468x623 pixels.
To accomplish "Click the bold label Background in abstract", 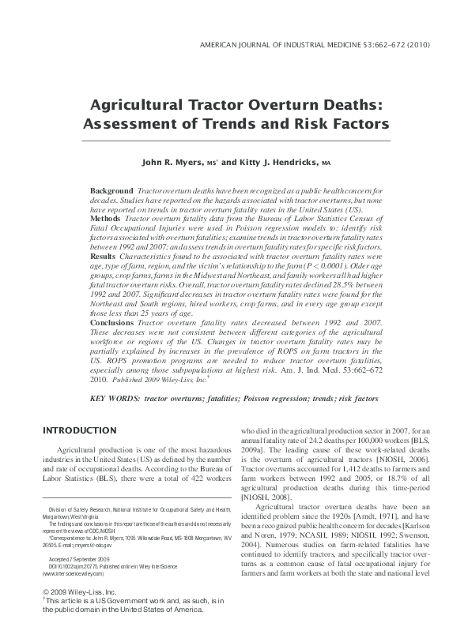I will coord(111,191).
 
